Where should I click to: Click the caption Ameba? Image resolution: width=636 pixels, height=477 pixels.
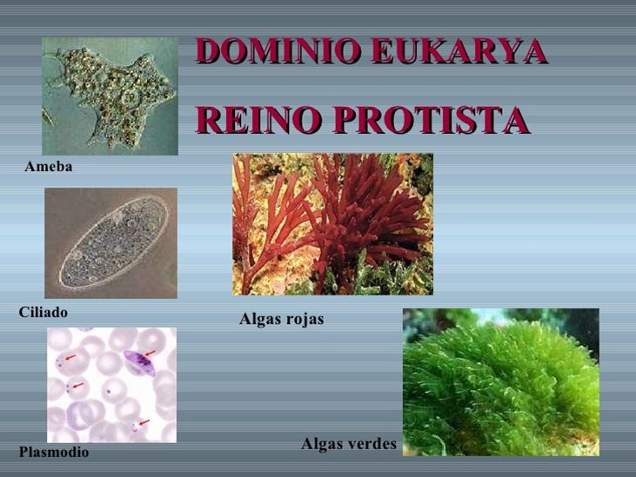tap(48, 167)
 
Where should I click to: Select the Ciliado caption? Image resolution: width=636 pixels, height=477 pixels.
tap(43, 312)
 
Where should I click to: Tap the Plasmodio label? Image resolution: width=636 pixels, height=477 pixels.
tap(53, 452)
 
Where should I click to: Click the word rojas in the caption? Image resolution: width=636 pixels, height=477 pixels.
tap(305, 320)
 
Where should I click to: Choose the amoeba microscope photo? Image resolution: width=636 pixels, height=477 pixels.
tap(110, 96)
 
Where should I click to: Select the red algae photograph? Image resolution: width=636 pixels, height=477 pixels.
tap(332, 224)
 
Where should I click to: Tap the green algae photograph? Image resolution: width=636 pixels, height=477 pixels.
tap(500, 382)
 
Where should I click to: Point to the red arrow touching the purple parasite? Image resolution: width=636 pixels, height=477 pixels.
tap(150, 353)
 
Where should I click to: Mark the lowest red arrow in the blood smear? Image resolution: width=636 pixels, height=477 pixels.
tap(144, 423)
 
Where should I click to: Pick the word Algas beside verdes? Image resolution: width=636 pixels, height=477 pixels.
tap(323, 444)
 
